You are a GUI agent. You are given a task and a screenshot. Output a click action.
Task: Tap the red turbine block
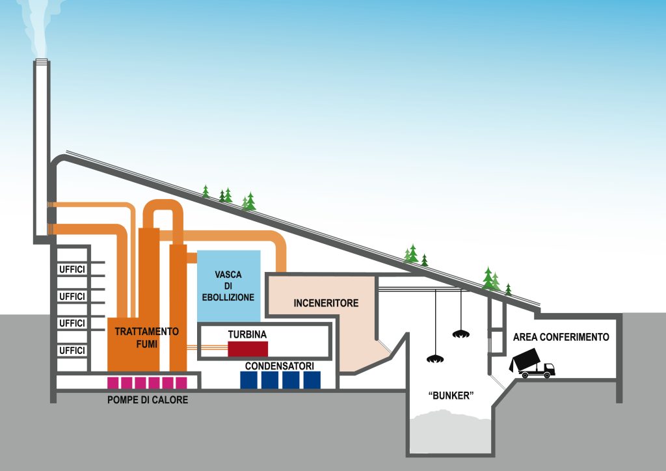tap(248, 349)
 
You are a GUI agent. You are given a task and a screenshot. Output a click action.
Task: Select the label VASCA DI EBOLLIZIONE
tap(228, 286)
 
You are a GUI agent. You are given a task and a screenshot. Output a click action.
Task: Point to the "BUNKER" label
tap(449, 396)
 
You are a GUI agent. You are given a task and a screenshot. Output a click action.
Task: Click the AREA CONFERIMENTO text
tap(561, 337)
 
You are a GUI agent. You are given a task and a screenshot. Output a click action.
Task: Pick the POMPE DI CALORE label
tap(148, 400)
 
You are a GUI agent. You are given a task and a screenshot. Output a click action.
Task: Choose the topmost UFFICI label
tap(72, 269)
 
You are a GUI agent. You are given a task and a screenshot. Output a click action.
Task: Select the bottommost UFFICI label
tap(72, 351)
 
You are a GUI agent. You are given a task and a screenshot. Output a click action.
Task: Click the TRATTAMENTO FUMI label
tap(146, 337)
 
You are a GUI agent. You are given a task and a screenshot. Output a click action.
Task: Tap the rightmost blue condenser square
tap(312, 380)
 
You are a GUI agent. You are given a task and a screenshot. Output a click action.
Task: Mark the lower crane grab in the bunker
tap(434, 358)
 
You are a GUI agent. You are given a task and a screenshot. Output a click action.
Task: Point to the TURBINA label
tap(247, 334)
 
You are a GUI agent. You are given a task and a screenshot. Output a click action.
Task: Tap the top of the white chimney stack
tap(42, 63)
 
